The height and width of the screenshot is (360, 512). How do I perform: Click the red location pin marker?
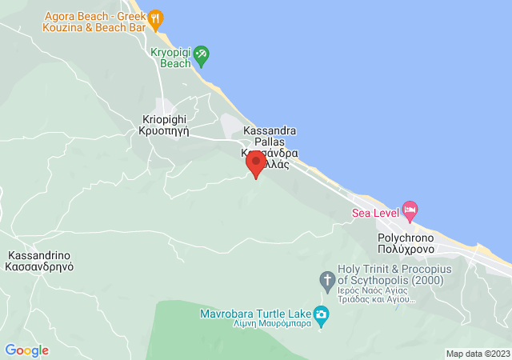[x=256, y=164]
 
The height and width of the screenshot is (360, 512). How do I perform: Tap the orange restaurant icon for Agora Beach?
[x=156, y=17]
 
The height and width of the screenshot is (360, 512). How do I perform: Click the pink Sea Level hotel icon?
[x=410, y=212]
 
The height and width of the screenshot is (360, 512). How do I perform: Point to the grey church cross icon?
[x=326, y=280]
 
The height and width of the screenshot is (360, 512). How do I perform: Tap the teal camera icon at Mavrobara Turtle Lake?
[x=321, y=314]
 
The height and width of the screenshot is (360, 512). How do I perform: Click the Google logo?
[x=26, y=350]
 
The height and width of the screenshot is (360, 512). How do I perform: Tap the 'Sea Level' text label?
[x=376, y=213]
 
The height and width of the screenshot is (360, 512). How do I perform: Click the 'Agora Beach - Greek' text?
[x=94, y=16]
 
